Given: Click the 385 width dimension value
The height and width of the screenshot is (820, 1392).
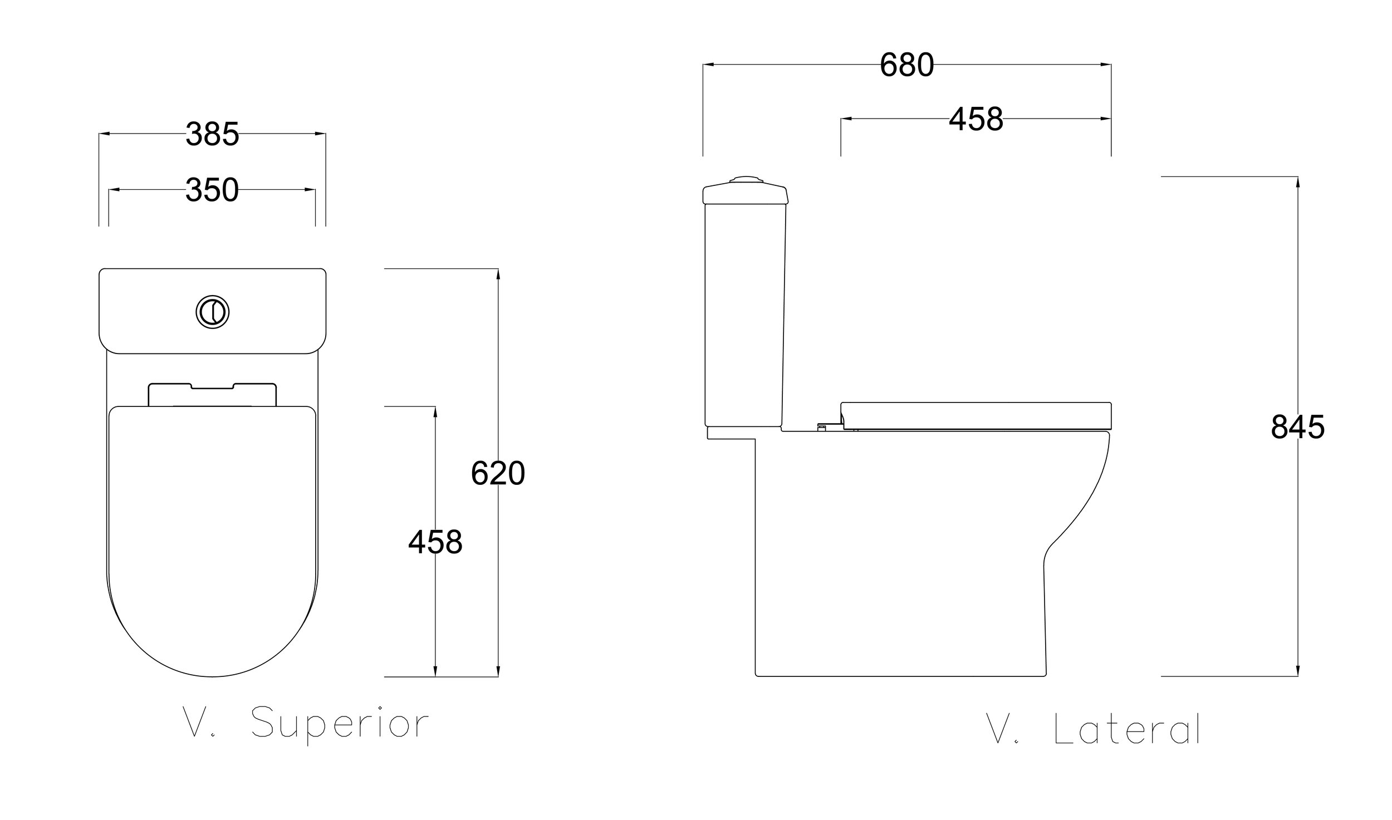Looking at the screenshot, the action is click(212, 134).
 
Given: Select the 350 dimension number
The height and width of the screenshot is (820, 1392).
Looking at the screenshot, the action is click(212, 190).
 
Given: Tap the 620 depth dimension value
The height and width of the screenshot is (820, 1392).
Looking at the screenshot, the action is click(498, 474).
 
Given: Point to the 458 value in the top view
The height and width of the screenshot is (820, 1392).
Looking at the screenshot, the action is click(435, 542).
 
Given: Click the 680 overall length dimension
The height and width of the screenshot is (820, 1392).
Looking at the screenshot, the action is click(906, 65).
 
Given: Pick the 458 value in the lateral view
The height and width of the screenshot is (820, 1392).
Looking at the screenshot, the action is click(976, 119).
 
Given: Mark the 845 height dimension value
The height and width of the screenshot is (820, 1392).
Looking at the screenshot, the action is click(1297, 428).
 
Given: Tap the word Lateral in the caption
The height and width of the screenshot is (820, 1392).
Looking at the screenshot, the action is click(1128, 728).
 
